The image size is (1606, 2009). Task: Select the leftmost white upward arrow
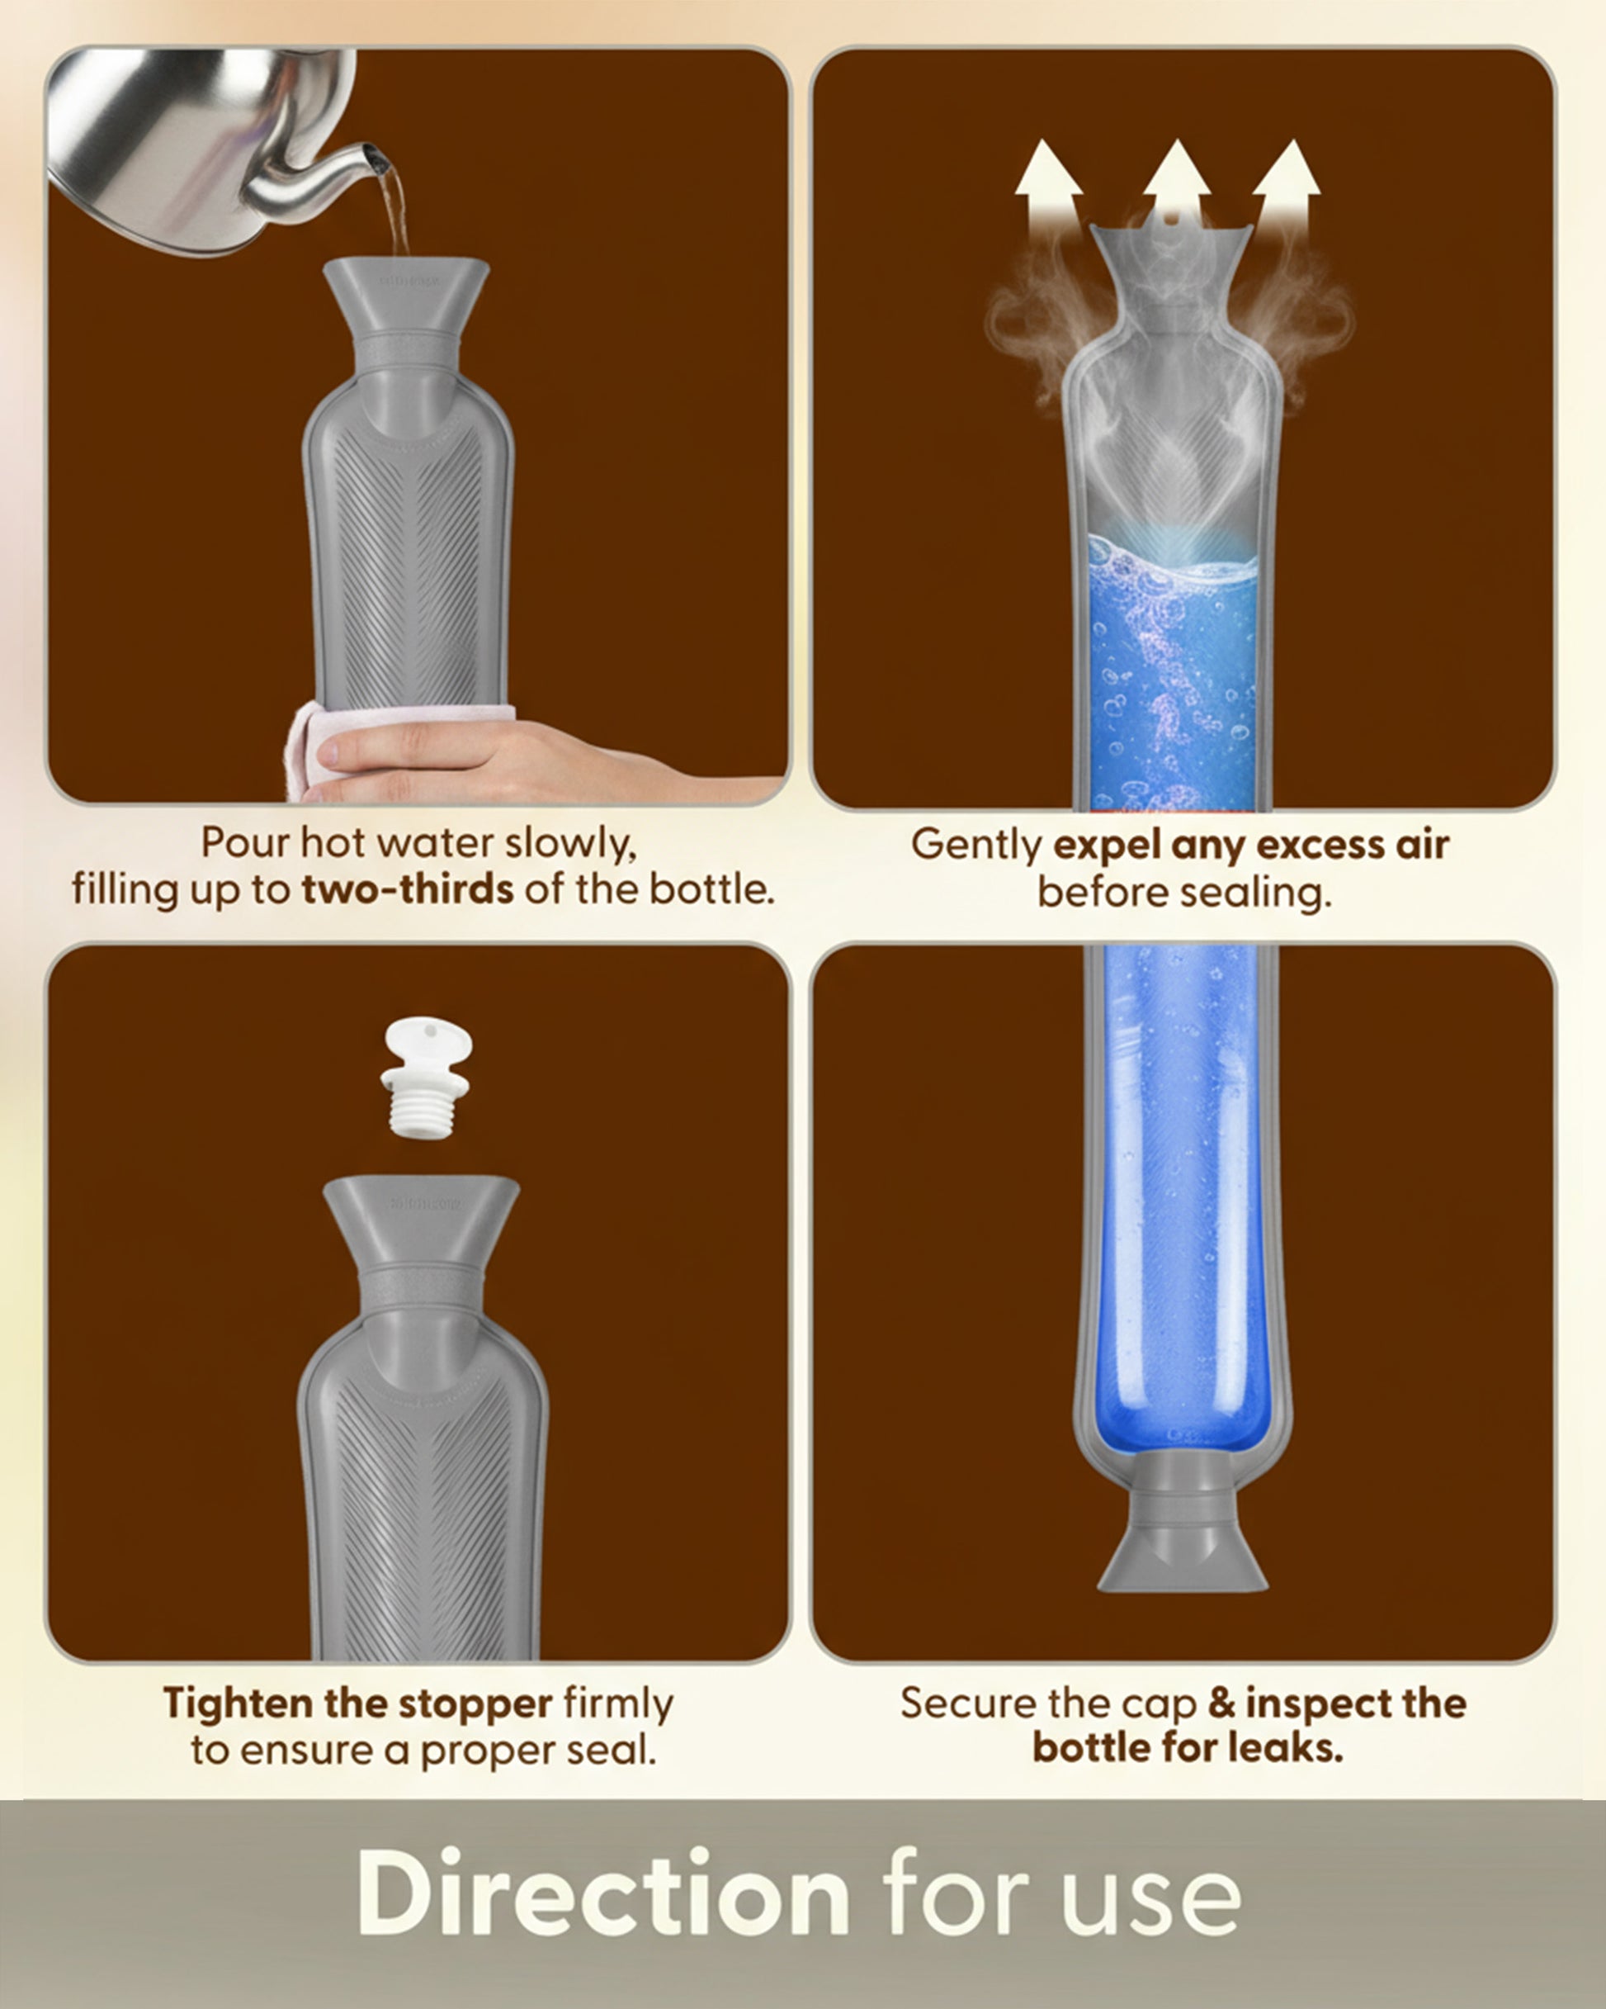point(1048,187)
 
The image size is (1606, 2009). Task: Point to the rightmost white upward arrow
point(1287,187)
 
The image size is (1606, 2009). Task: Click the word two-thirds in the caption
point(407,889)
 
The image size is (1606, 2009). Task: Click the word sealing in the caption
point(1256,893)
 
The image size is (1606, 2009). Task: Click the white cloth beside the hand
point(307,746)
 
